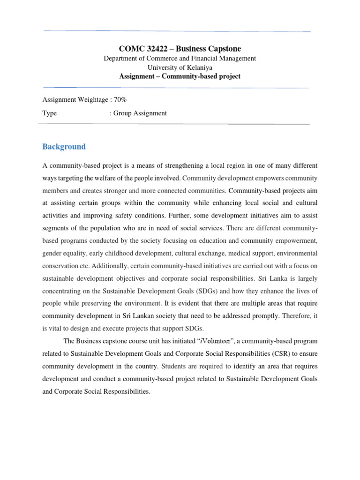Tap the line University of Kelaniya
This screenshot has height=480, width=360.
click(180, 67)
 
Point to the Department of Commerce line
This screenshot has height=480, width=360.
click(180, 59)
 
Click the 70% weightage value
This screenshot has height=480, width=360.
click(119, 99)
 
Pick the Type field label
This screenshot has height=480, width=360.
click(50, 113)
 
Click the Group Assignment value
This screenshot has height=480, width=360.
click(140, 113)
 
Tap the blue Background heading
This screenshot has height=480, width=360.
click(64, 147)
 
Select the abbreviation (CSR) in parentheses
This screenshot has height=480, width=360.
click(278, 353)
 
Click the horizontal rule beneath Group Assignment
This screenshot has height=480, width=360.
click(173, 124)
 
